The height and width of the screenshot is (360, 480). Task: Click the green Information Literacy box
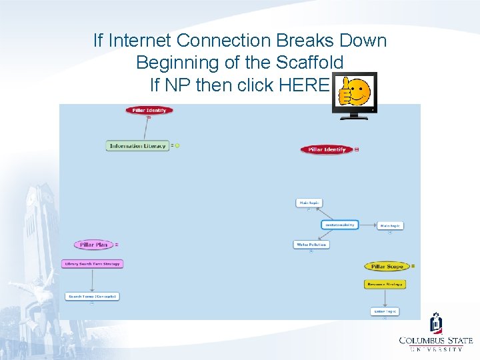click(x=137, y=146)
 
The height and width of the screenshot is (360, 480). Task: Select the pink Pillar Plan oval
click(x=93, y=245)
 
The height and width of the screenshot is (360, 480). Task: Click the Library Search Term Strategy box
click(x=92, y=264)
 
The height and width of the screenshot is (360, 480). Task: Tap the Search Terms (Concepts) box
click(x=92, y=296)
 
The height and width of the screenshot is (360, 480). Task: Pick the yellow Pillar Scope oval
click(x=387, y=267)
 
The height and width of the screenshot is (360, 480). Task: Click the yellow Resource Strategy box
click(x=385, y=284)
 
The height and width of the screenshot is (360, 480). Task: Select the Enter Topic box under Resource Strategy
click(x=385, y=311)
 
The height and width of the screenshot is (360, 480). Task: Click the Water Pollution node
click(x=311, y=245)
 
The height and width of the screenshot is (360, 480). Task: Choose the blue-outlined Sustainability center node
click(x=340, y=225)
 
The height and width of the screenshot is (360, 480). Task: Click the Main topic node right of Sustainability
click(x=390, y=226)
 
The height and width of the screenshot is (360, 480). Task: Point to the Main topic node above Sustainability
click(x=309, y=203)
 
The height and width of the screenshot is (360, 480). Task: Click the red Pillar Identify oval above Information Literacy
click(x=149, y=110)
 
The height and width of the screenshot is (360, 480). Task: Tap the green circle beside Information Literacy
click(x=177, y=145)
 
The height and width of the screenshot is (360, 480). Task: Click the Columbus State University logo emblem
click(x=436, y=324)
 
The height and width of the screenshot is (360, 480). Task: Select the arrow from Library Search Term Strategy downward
click(x=92, y=280)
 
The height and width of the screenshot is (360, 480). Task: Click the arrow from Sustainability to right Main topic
click(x=368, y=225)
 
